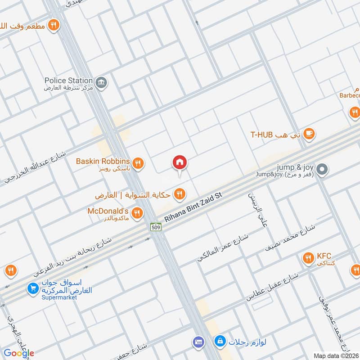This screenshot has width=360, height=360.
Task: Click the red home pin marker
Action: click(x=180, y=163)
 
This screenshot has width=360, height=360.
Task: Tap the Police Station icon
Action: click(x=102, y=83)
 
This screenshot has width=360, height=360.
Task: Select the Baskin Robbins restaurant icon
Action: click(x=139, y=164)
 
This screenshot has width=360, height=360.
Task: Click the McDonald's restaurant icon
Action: click(x=138, y=213)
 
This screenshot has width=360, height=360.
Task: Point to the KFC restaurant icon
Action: click(x=308, y=258)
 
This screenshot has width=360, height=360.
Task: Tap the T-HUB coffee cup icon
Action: click(x=309, y=133)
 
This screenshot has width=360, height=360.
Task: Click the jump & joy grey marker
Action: click(x=322, y=170)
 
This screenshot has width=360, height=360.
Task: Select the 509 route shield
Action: click(x=155, y=227)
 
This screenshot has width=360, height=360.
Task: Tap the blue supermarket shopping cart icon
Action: click(x=32, y=288)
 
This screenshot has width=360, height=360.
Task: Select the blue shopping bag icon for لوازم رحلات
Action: click(x=220, y=342)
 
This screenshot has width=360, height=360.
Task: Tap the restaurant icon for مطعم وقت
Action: click(x=54, y=26)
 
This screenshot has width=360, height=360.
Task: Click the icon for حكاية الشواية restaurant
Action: click(x=180, y=194)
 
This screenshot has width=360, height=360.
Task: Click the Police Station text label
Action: click(x=68, y=81)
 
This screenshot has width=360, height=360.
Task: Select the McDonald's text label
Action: click(x=108, y=211)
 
